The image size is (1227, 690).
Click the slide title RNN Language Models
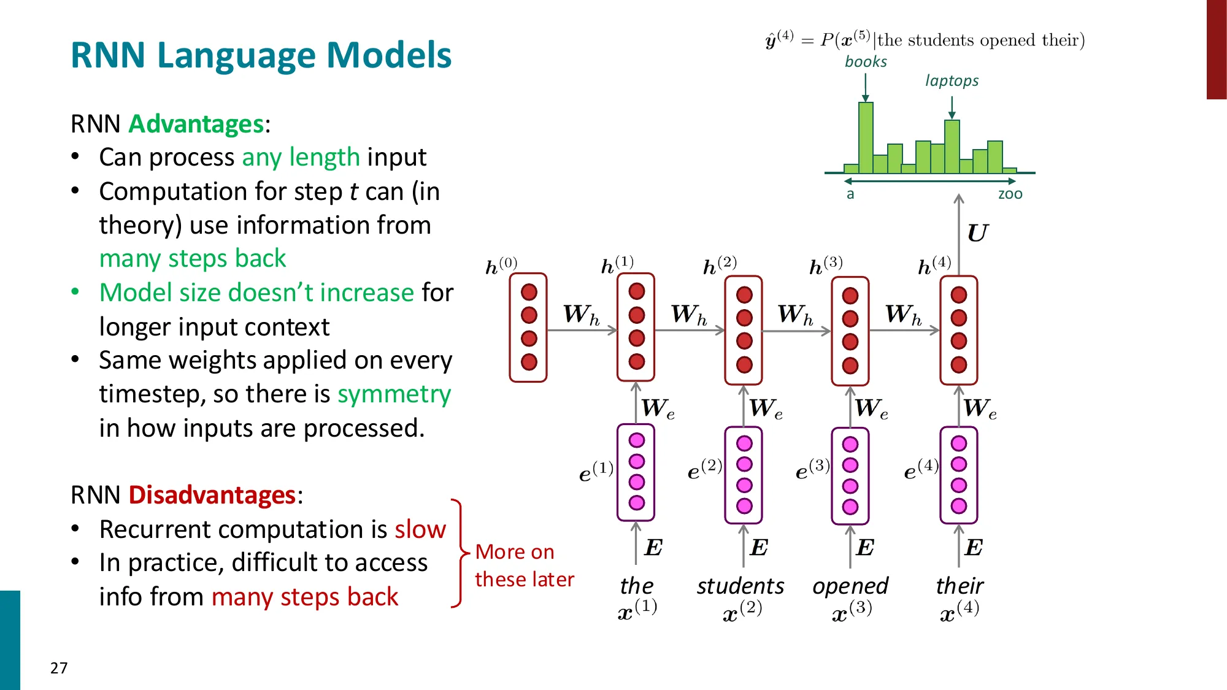(261, 55)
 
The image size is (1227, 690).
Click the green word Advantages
(196, 124)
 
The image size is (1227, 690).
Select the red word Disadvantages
(212, 495)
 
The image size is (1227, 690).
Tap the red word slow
(420, 529)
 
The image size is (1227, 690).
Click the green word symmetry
(394, 394)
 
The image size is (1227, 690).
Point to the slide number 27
(59, 668)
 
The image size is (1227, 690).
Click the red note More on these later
(523, 565)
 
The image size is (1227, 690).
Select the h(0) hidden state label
(501, 266)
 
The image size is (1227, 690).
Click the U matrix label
(977, 234)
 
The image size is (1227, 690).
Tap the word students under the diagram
(740, 586)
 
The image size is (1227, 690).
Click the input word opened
(850, 586)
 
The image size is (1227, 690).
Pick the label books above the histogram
(866, 62)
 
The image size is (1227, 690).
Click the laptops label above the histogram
(952, 81)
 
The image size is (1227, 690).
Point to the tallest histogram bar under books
(866, 138)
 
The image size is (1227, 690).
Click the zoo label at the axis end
(1010, 194)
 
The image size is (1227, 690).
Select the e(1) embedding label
(596, 472)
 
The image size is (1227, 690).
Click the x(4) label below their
(959, 611)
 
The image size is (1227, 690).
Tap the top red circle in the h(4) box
(959, 295)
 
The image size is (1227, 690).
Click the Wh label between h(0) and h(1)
(581, 315)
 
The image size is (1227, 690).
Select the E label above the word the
(653, 547)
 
